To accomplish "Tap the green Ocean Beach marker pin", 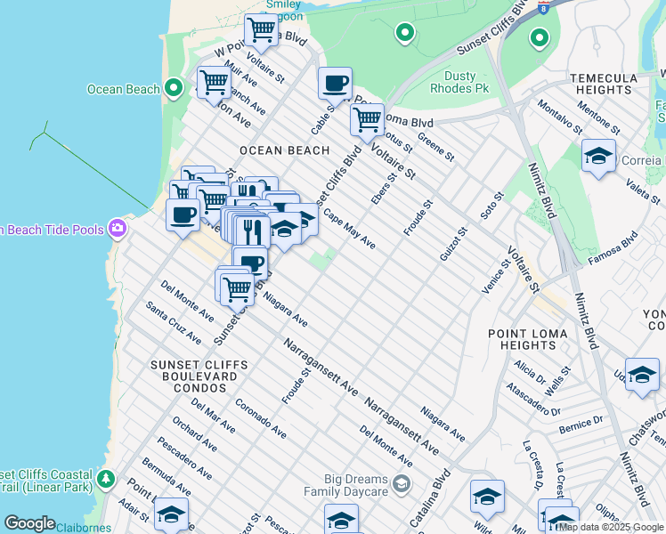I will pyautogui.click(x=175, y=88).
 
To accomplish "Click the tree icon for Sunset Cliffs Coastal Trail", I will pyautogui.click(x=106, y=480).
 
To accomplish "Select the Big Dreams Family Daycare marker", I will pyautogui.click(x=401, y=484).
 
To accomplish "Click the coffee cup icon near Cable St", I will pyautogui.click(x=335, y=85).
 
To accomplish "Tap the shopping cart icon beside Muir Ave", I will pyautogui.click(x=215, y=83).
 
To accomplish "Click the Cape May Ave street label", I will pyautogui.click(x=349, y=230).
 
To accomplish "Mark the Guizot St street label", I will pyautogui.click(x=453, y=245).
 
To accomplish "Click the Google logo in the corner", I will pyautogui.click(x=29, y=523).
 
